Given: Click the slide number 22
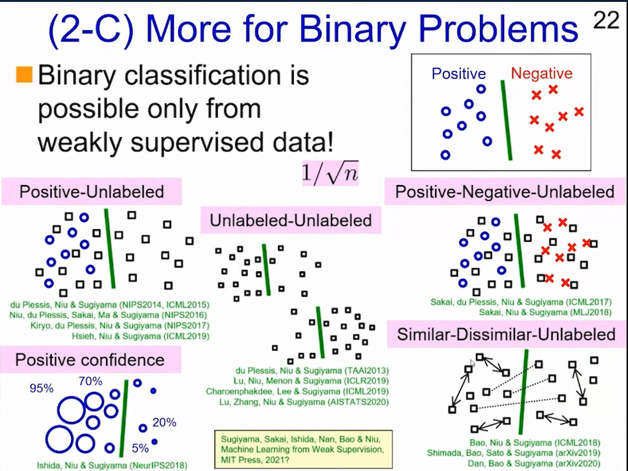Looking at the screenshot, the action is click(606, 20).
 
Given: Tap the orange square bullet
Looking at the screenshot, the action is click(24, 75).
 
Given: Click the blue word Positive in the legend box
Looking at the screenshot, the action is click(459, 73).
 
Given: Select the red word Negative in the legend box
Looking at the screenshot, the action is click(542, 73).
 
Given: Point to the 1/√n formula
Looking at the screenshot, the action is click(330, 173).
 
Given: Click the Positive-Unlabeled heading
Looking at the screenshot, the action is click(92, 191).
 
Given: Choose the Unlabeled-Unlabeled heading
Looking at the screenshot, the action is click(291, 220).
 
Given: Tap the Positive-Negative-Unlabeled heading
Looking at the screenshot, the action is click(505, 191).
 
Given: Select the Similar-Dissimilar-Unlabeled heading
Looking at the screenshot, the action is click(506, 334).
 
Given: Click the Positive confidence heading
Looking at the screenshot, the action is click(90, 360).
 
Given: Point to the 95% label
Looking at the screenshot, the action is click(42, 388).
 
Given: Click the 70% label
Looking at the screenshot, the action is click(91, 381).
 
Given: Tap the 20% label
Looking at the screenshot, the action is click(164, 422).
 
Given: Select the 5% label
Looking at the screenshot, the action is click(140, 448).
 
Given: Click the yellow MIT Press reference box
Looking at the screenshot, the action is click(303, 449).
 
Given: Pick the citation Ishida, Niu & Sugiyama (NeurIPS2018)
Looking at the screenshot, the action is click(112, 465).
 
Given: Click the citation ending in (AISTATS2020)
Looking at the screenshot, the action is click(304, 402).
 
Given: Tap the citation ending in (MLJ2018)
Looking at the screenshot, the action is click(546, 312).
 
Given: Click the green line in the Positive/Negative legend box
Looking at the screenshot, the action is click(506, 120).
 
